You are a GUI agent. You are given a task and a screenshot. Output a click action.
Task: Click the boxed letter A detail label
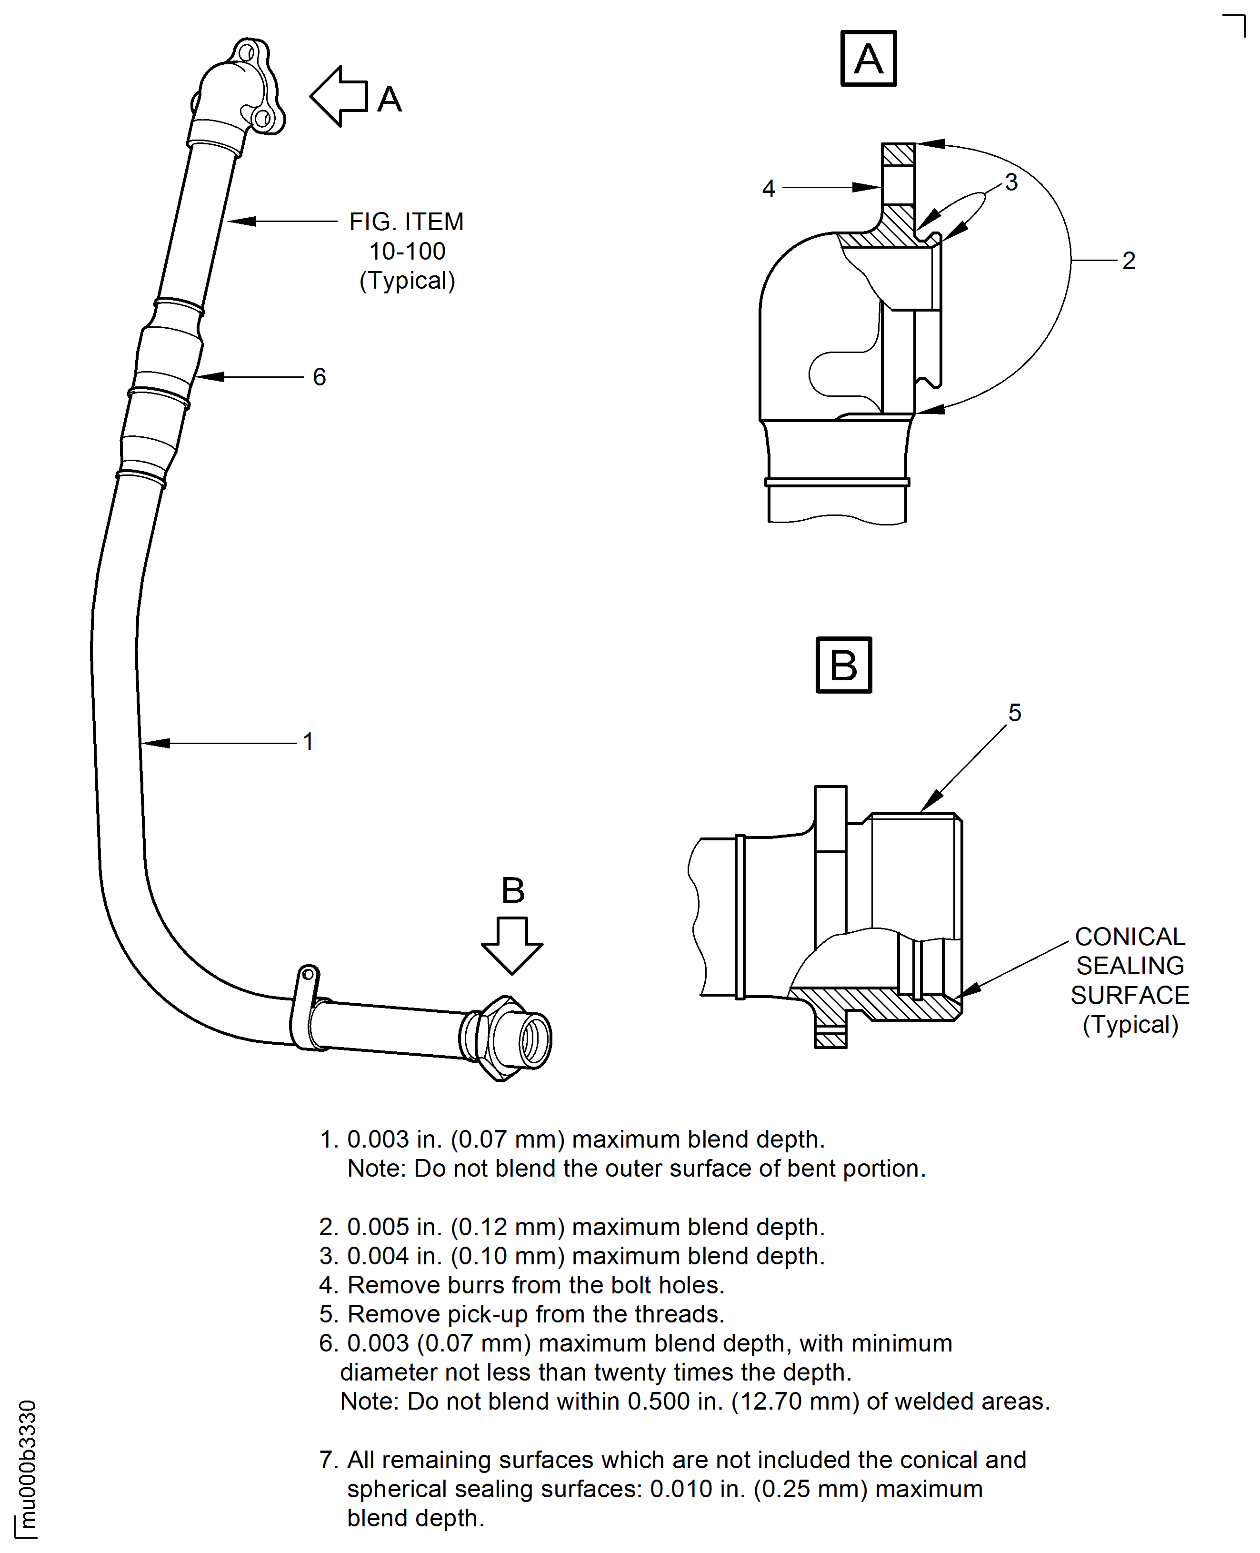868,59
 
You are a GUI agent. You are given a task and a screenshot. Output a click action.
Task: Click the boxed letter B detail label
843,665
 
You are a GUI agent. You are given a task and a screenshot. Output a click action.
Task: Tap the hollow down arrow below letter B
512,945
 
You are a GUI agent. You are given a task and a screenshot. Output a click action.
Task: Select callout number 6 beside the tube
320,377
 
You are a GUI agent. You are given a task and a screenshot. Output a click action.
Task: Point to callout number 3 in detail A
1011,182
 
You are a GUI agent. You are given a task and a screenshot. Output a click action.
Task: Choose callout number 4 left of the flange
769,189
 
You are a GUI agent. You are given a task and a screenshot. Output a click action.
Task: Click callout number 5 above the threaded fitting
1015,713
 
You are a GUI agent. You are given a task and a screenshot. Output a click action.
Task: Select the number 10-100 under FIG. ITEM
407,251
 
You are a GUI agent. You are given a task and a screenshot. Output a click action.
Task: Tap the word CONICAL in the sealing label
1130,937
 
